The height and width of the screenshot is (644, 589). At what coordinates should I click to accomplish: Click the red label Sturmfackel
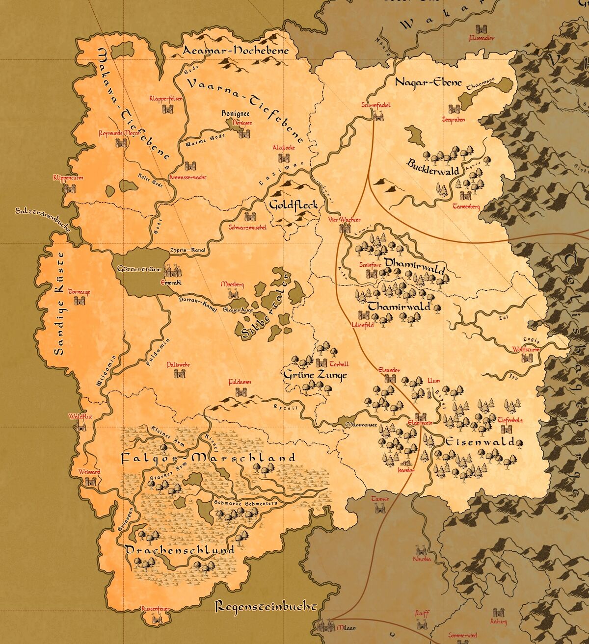point(376,104)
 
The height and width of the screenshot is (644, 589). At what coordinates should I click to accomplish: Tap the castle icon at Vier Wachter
point(345,228)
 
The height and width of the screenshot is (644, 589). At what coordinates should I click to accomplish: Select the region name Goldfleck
point(294,205)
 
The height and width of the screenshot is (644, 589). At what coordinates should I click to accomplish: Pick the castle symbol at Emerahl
point(172,270)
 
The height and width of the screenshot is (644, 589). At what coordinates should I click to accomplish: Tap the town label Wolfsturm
point(526,350)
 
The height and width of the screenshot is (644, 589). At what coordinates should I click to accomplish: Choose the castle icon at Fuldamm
point(241,392)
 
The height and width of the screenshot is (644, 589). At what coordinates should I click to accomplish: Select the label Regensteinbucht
point(265,606)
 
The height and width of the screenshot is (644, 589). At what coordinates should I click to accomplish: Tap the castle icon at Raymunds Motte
point(121,143)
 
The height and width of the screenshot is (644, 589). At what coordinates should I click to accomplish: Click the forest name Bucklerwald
point(433,166)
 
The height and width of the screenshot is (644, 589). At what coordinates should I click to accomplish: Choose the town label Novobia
point(422,559)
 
